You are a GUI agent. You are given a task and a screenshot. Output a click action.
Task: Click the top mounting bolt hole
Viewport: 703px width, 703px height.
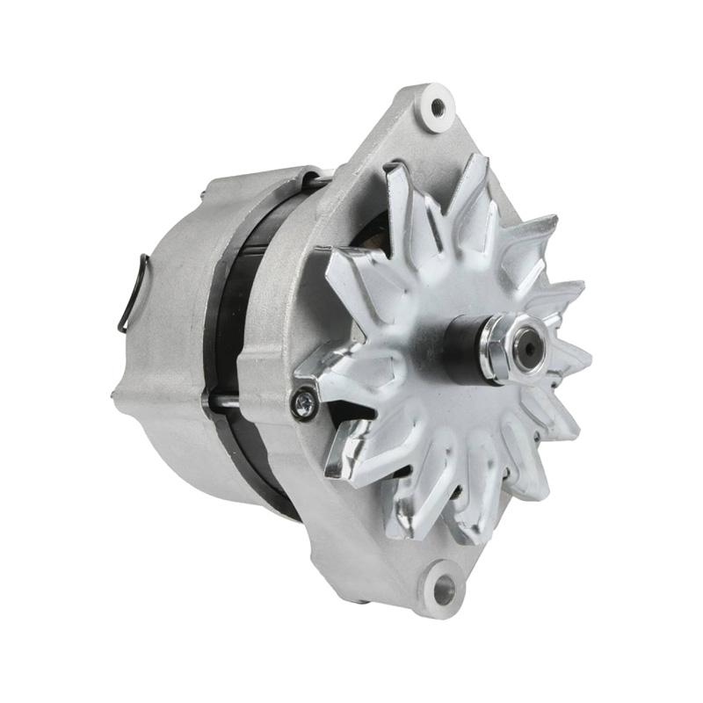click(x=438, y=107)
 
